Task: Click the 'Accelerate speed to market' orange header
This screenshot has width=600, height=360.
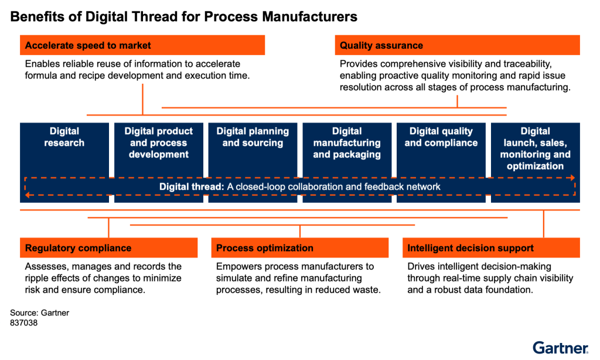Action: point(142,45)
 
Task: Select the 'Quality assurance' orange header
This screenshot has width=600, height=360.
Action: point(457,45)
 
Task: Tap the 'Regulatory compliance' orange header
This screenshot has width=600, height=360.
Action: point(108,248)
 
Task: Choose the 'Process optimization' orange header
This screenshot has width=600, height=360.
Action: point(299,248)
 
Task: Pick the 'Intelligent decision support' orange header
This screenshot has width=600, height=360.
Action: point(491,248)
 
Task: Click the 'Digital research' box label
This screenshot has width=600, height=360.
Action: point(64,137)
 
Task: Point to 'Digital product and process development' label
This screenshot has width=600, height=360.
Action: point(158,142)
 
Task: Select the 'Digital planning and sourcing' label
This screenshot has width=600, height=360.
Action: point(253,137)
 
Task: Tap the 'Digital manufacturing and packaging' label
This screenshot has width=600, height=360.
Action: point(347,142)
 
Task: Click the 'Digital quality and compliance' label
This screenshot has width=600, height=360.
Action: point(441,137)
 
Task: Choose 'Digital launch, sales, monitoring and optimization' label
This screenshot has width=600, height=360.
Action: point(535,148)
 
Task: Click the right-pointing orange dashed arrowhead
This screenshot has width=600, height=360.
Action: point(572,178)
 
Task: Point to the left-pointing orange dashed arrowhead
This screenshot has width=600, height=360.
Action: point(28,195)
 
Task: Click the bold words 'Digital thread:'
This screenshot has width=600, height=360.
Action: point(192,187)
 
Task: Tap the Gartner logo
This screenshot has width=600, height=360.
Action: point(561,348)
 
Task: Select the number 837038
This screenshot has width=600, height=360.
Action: point(23,323)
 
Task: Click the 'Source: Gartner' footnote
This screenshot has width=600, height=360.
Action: point(39,313)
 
